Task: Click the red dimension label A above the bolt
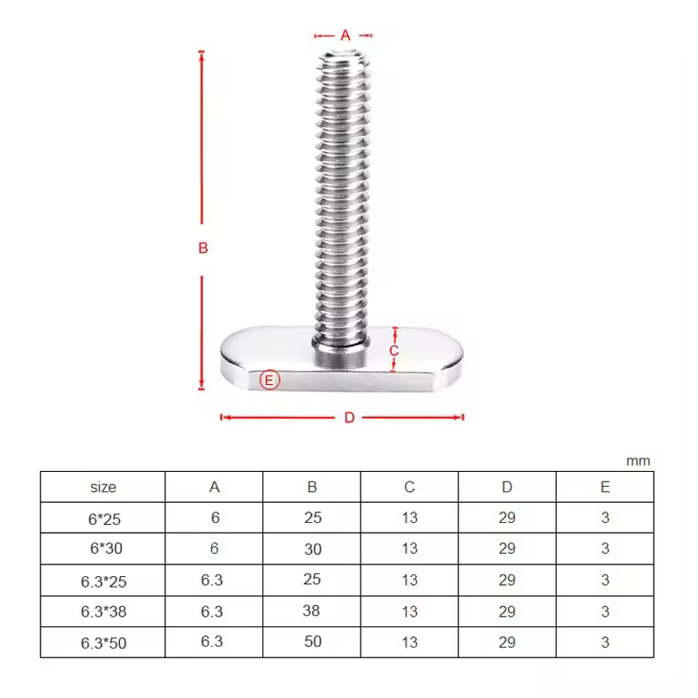coord(345,35)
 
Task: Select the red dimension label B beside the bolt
coord(202,248)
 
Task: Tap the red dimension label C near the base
coord(395,351)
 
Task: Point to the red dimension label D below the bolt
coord(349,418)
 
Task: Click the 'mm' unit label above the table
coord(638,460)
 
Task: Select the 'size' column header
coord(103,487)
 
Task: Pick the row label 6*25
coord(103,519)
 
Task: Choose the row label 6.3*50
coord(103,643)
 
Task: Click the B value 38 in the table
coord(313,611)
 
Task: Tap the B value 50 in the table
coord(313,641)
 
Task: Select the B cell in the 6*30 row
coord(313,549)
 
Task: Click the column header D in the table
coord(506,487)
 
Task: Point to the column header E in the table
coord(605,487)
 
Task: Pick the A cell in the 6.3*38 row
coord(212,611)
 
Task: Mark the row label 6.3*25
coord(103,581)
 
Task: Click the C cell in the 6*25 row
coord(409,518)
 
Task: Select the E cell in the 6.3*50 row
coord(605,641)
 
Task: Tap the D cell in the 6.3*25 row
coord(506,580)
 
